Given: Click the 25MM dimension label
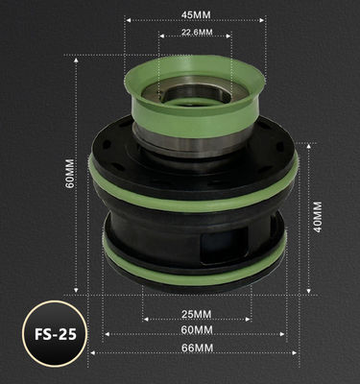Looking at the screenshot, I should [196, 314].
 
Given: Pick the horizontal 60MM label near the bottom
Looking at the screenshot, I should [196, 331].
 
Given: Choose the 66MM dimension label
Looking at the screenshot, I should [196, 348].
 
